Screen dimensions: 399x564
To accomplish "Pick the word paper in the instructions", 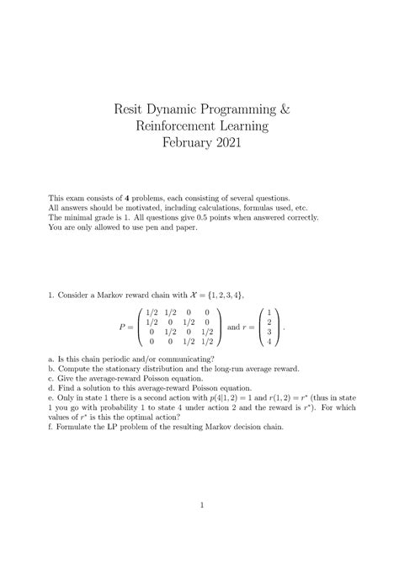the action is point(182,227).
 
